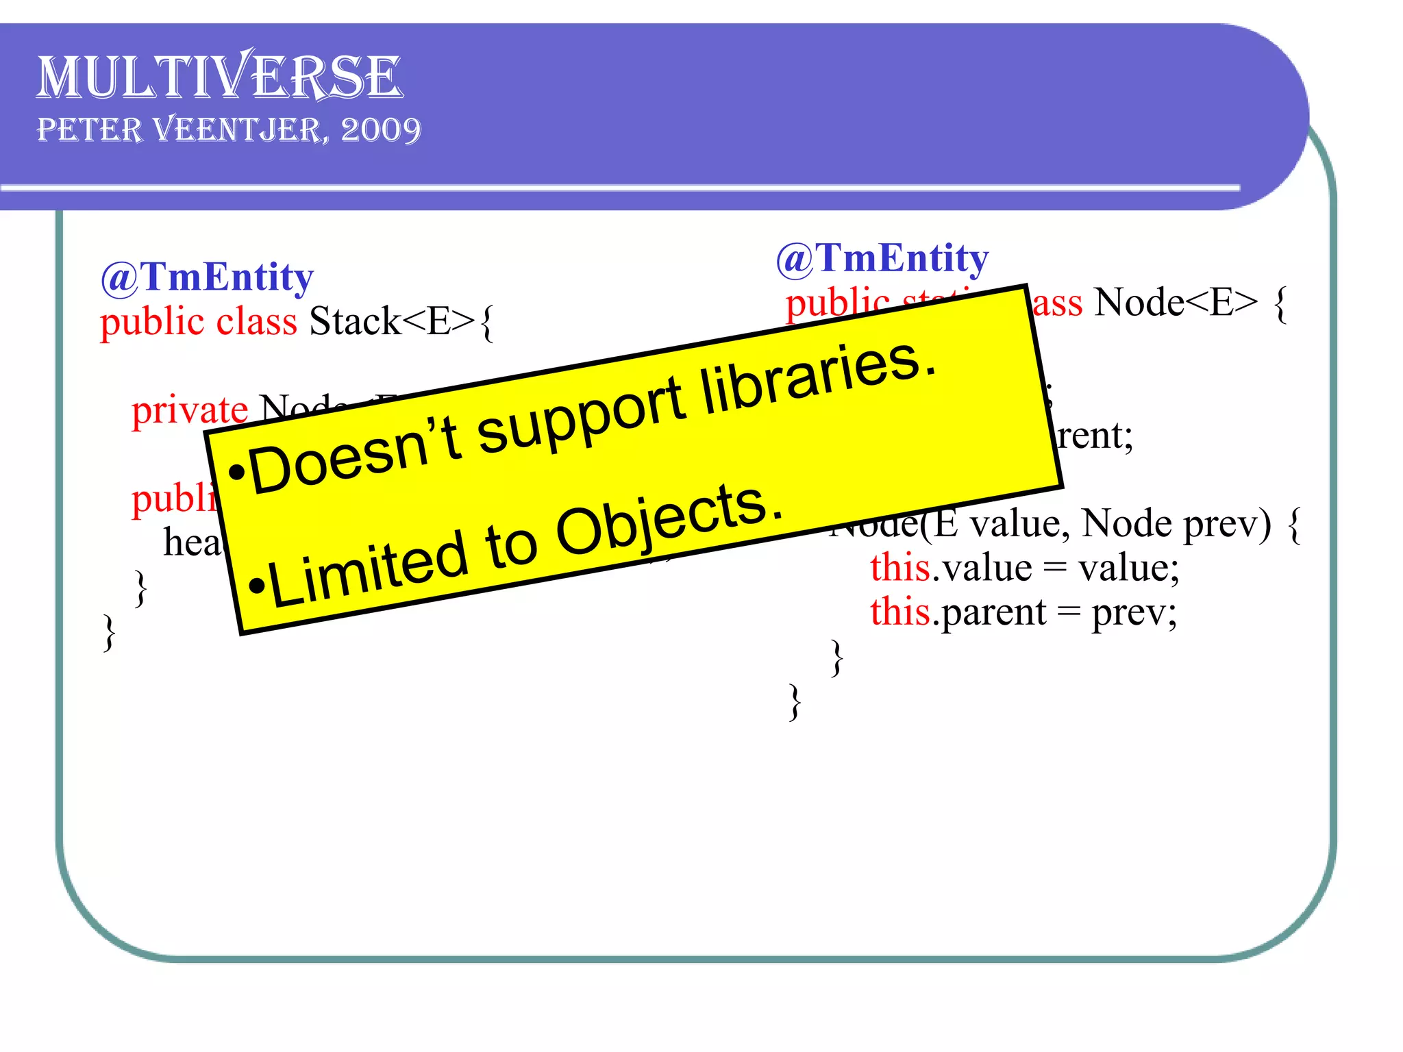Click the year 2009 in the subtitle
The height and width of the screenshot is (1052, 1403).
click(381, 129)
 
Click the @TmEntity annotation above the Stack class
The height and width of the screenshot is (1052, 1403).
click(207, 277)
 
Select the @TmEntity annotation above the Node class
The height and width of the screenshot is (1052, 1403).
click(882, 259)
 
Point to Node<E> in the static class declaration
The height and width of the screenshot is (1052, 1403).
click(1176, 302)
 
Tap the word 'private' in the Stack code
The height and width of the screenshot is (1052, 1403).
click(189, 410)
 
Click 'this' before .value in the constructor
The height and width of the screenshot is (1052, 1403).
click(900, 568)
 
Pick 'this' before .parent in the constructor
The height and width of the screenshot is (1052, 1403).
click(900, 612)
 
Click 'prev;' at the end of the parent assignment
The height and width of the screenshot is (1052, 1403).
click(1134, 612)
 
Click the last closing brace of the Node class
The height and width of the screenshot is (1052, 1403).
click(795, 701)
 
